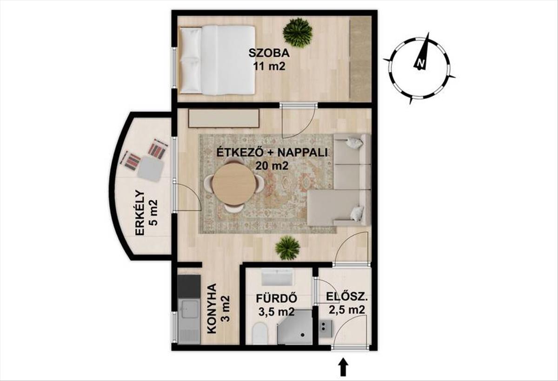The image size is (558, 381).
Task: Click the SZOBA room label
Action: pos(269,53)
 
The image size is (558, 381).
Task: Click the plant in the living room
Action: pos(287,248)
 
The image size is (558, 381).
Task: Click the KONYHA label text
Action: pos(212,309)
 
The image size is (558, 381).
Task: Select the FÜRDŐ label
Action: pos(276,298)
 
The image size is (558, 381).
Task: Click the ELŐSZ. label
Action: pos(347,297)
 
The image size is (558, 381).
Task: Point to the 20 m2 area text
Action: pos(272,165)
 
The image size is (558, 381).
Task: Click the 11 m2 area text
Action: pos(269,66)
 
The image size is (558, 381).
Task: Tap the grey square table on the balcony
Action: pos(150,169)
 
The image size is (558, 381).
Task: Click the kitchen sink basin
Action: pos(189,309)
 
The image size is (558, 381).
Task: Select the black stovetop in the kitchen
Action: pos(189,286)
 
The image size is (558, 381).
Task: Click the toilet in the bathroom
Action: pos(260,334)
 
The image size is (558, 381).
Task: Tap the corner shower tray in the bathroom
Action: pos(295,327)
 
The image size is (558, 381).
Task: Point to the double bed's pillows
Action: pos(191,59)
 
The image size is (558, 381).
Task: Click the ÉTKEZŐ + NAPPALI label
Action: pos(272,152)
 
